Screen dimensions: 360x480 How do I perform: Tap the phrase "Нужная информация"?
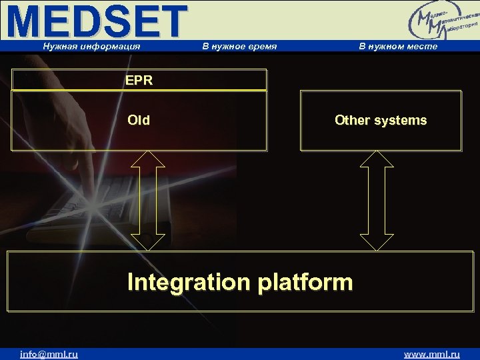click(x=91, y=46)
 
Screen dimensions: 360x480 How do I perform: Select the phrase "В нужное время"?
click(x=239, y=46)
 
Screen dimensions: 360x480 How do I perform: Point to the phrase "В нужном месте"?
click(x=398, y=46)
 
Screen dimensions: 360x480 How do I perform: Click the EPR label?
click(x=139, y=81)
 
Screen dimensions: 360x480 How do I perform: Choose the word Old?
click(x=139, y=121)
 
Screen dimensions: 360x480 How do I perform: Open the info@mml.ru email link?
click(x=49, y=354)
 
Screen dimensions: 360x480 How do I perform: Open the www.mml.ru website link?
click(x=432, y=354)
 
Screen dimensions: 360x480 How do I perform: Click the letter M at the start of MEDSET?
click(x=27, y=21)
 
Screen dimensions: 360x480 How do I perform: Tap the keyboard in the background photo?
click(x=93, y=213)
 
